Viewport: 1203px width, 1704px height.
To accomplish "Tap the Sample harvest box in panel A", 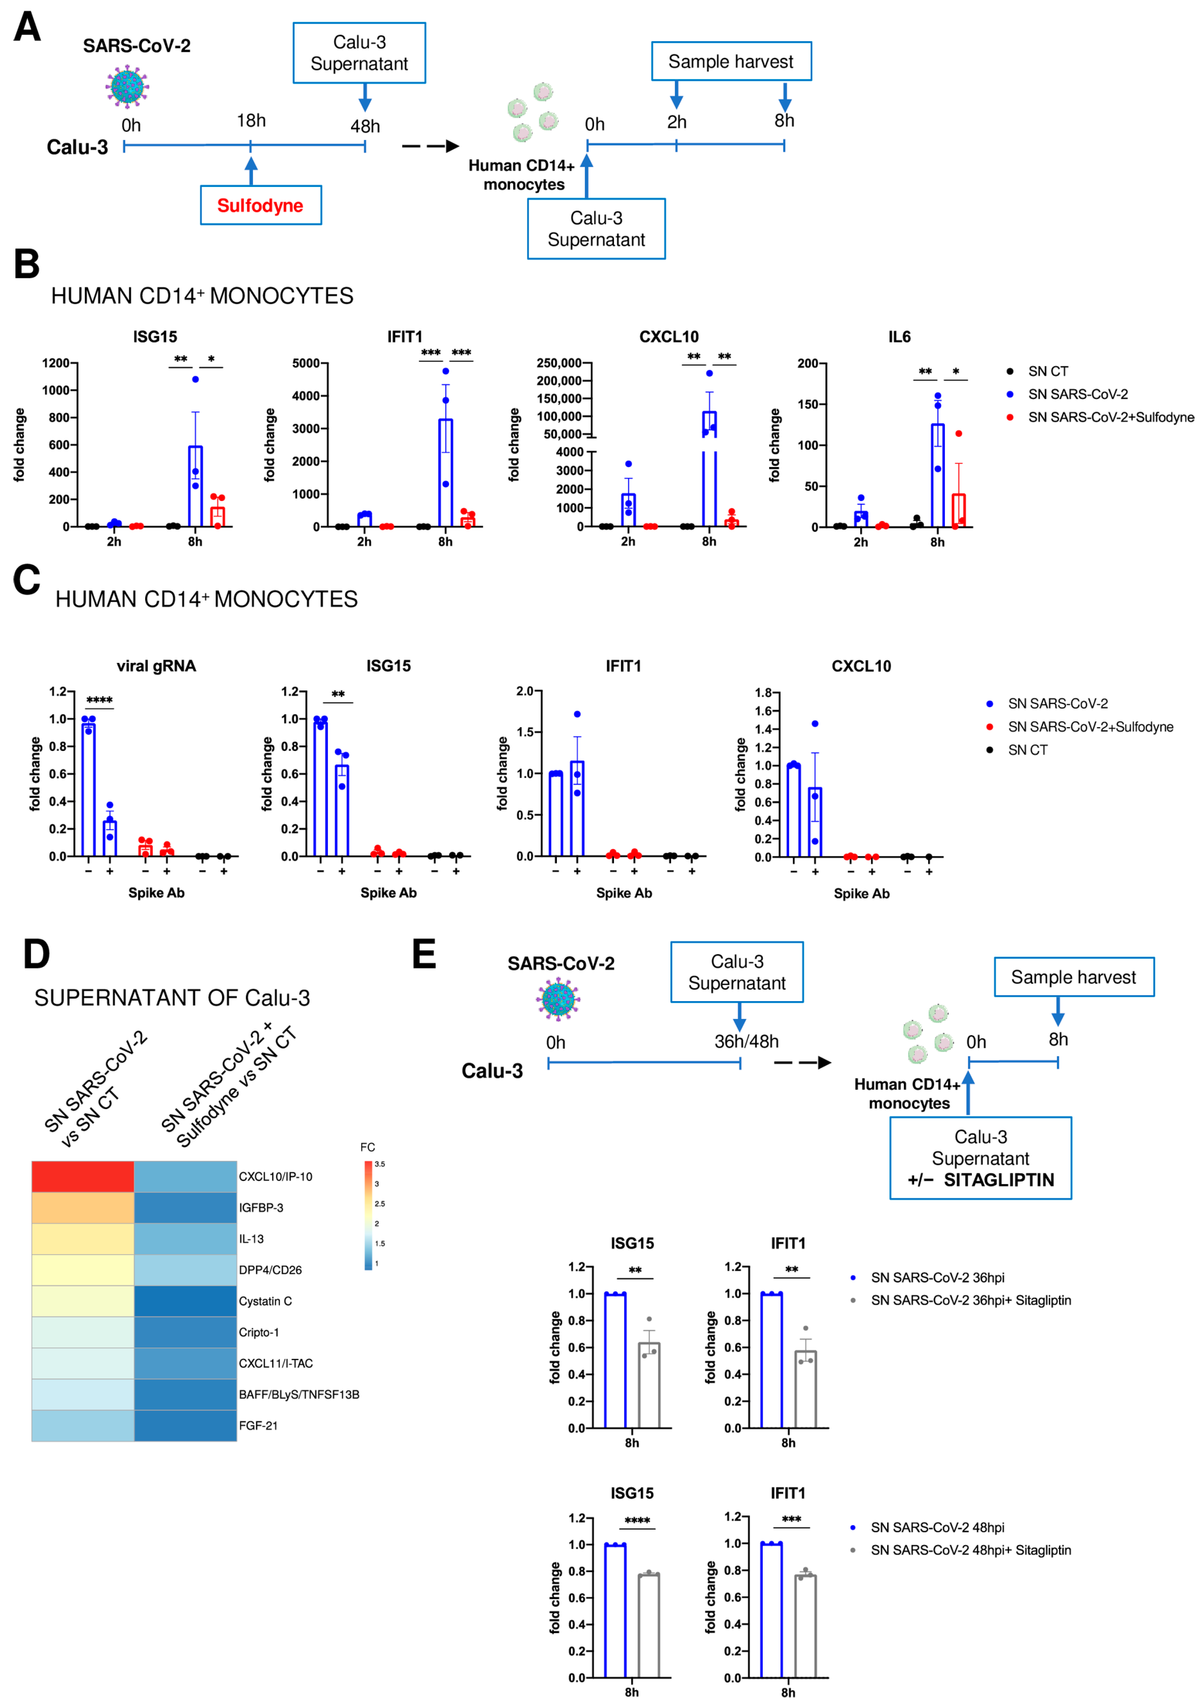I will (x=731, y=62).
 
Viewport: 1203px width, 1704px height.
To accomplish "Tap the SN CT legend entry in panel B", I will (x=1047, y=371).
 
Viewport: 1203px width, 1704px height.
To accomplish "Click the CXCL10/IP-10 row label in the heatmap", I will (x=276, y=1176).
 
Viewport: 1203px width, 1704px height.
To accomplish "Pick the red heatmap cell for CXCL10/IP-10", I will (x=82, y=1176).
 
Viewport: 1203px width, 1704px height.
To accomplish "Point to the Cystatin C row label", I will (x=265, y=1301).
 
